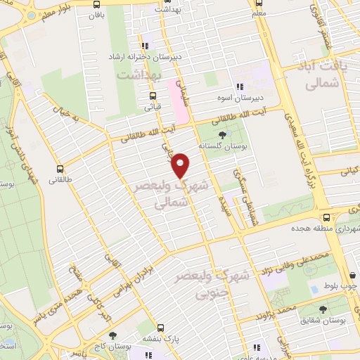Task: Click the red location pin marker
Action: coord(181,165)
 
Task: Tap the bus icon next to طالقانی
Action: coord(60,169)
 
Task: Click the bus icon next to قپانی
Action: coord(153,97)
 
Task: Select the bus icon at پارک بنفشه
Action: coord(161,328)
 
